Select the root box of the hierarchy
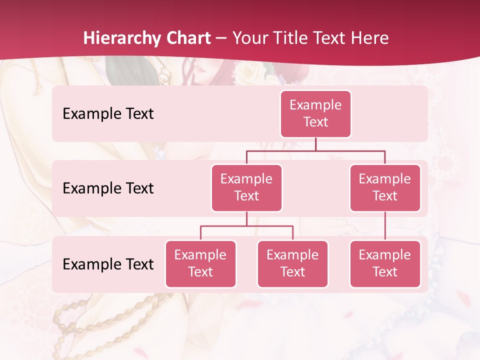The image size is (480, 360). tap(315, 114)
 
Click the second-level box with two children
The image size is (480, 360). tap(246, 188)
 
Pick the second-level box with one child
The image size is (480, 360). tap(385, 188)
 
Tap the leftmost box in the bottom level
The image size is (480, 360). tap(200, 263)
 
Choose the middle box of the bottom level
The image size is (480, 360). tap(292, 263)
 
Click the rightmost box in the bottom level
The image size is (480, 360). tap(385, 263)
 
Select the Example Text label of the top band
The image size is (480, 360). tap(108, 114)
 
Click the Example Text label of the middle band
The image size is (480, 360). tap(108, 188)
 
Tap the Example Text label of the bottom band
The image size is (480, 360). tap(108, 264)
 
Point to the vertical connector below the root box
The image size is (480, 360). tap(315, 144)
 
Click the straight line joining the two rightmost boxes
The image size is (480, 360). tap(385, 226)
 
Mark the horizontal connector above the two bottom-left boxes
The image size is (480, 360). tap(246, 226)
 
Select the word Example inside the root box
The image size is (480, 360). tap(315, 105)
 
